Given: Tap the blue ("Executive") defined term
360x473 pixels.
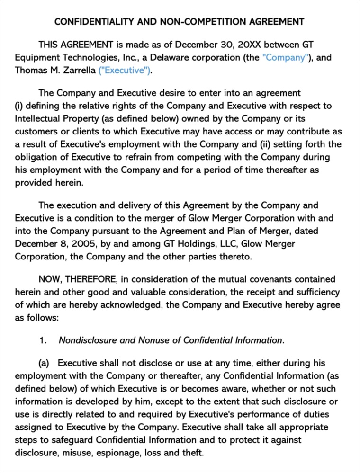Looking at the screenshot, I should [x=125, y=71].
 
